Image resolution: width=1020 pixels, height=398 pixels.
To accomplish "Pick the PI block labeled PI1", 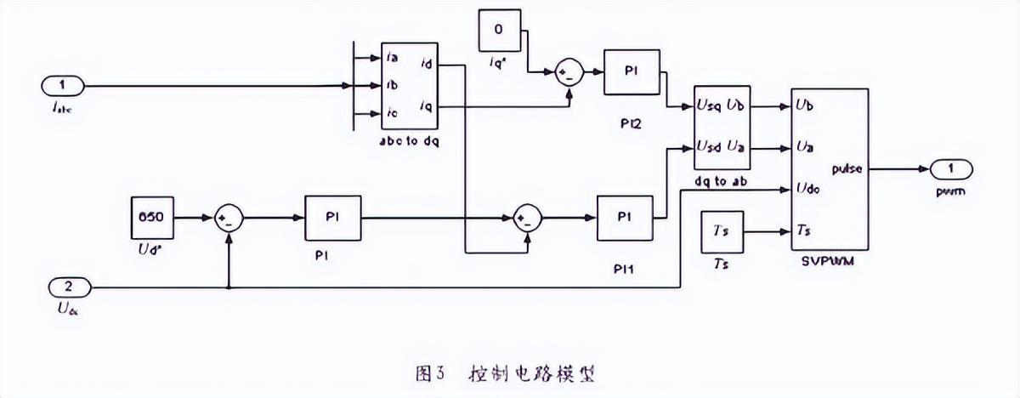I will (625, 219).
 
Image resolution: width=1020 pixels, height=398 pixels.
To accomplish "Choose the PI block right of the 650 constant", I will (332, 219).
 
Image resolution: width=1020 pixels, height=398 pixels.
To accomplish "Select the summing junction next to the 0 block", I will (567, 74).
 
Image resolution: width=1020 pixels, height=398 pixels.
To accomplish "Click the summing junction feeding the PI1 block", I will (528, 219).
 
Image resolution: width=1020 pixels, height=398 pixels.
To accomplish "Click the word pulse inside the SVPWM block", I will (847, 168).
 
